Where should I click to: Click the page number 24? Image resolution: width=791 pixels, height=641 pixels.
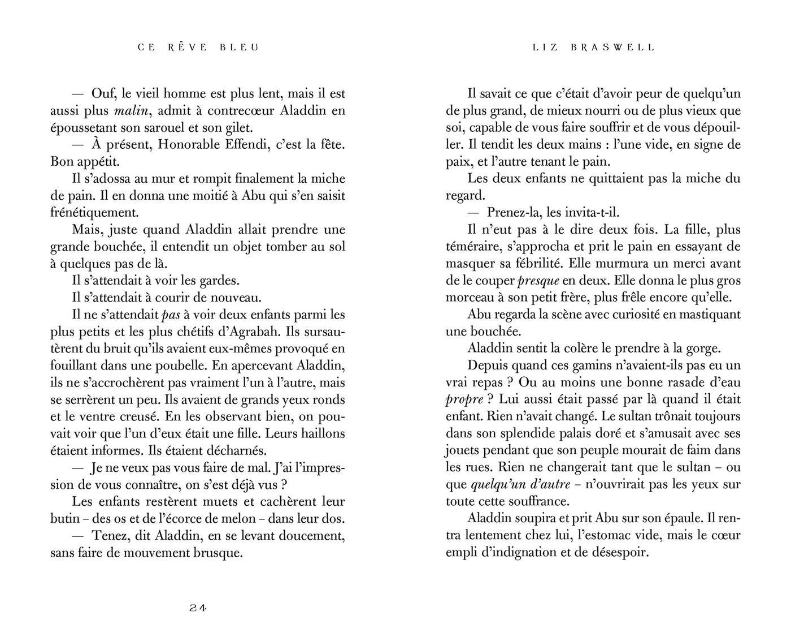[198, 608]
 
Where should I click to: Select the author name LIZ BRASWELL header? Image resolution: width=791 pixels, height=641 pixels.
[593, 48]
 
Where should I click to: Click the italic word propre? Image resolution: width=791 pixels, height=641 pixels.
[464, 400]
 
